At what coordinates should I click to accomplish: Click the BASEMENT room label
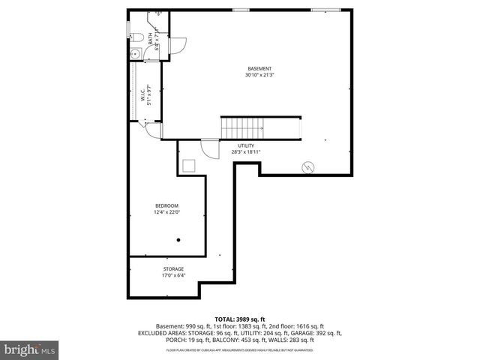point(259,69)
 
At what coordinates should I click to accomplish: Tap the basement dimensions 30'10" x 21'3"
point(259,76)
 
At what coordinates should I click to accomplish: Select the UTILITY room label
point(246,145)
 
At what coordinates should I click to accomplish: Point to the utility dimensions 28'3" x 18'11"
point(246,152)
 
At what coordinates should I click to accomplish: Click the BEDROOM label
point(167,206)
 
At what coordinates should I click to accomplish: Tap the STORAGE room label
point(173,268)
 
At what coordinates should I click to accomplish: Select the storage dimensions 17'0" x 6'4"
point(173,275)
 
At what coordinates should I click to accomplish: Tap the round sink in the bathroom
point(135,52)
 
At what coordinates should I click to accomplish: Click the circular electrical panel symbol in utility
point(306,167)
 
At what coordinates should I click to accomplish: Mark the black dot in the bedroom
point(178,240)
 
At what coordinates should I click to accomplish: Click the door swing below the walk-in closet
point(152,131)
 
